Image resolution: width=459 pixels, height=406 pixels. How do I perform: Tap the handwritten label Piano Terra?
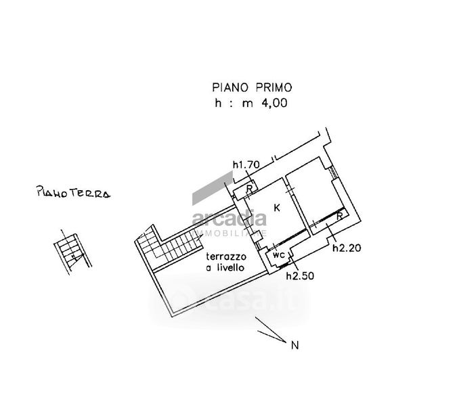tap(73, 194)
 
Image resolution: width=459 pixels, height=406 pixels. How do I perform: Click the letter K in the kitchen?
tap(278, 207)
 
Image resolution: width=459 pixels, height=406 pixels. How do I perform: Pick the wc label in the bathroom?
tap(278, 256)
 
